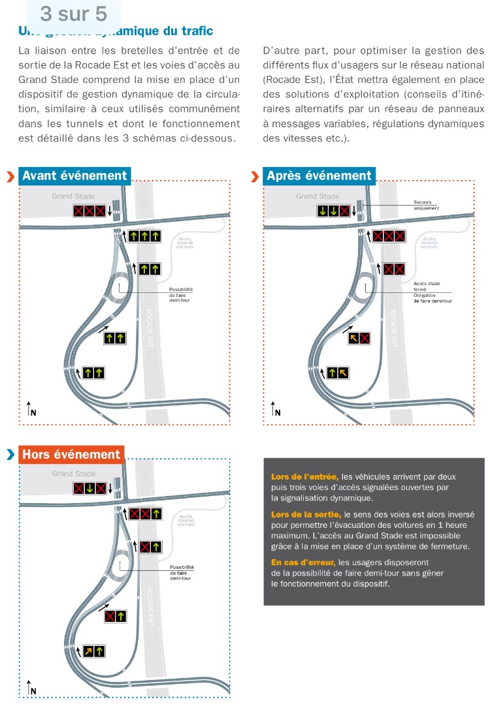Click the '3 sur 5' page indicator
tap(73, 13)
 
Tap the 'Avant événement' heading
tap(74, 176)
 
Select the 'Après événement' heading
tap(319, 176)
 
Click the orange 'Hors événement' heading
tap(72, 455)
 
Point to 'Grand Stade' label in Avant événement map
tap(74, 196)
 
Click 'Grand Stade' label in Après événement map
tap(318, 196)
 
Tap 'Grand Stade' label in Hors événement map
tap(74, 474)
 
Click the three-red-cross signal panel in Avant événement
tap(89, 211)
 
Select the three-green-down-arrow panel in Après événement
tap(333, 211)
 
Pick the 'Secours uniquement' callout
tap(427, 206)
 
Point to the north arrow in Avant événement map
tap(31, 409)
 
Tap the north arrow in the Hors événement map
tap(31, 686)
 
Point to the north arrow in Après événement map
tap(275, 409)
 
